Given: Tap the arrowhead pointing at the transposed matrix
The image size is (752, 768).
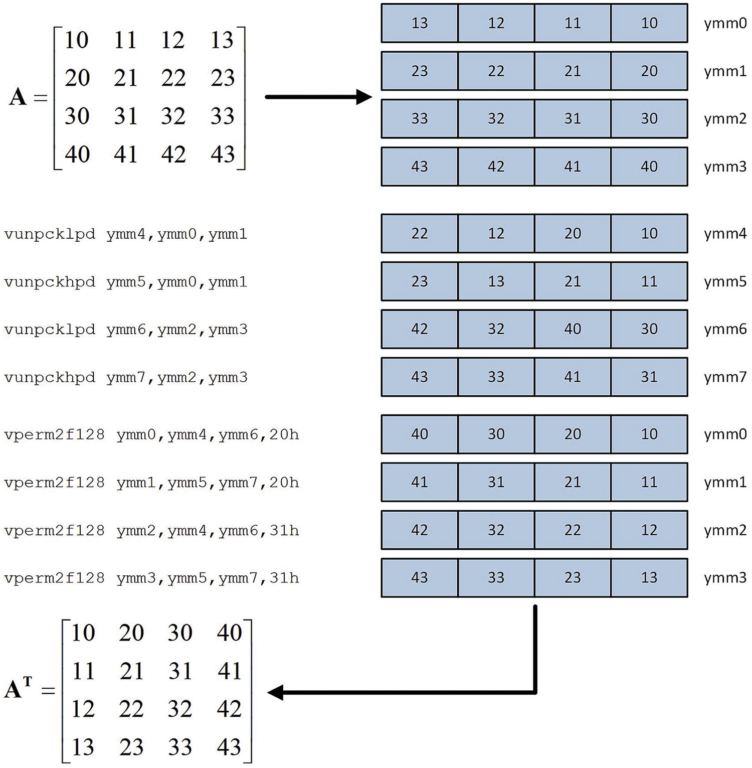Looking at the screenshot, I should (276, 693).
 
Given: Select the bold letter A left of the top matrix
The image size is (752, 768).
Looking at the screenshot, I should (18, 96).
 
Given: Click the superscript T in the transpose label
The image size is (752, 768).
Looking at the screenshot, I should (27, 682).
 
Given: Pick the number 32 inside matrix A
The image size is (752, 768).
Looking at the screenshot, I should (173, 116).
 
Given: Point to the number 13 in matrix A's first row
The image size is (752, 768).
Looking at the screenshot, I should (222, 40).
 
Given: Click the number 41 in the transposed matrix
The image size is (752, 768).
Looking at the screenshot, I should (229, 671).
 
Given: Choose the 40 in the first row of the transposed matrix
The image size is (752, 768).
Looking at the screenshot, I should (229, 633).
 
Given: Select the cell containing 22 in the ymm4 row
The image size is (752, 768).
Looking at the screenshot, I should (420, 233).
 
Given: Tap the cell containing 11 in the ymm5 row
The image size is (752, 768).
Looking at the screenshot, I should (649, 281).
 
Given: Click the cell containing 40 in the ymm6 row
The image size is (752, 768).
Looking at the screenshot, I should (573, 329).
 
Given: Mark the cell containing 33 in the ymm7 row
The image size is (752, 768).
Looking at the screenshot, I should (496, 377).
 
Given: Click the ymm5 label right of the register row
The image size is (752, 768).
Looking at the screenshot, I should (725, 281).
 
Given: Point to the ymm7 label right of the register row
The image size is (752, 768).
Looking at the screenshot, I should (725, 377).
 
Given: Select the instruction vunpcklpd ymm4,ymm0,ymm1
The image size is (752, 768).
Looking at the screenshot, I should (125, 234).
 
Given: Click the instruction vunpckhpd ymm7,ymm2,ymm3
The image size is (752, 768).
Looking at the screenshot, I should (125, 377).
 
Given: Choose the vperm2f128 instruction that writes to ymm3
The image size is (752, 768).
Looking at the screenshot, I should (151, 578).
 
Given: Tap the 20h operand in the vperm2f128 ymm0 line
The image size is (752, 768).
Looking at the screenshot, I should (284, 434).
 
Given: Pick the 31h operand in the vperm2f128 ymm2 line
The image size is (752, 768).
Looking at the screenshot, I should (284, 530).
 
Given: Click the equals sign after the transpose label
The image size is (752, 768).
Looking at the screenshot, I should (48, 691).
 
